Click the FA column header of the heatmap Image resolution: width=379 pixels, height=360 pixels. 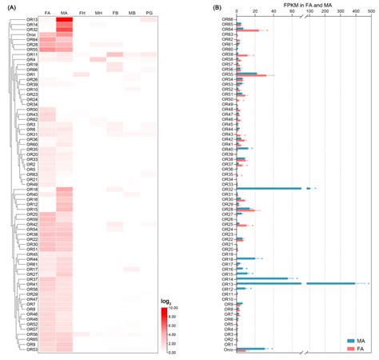point(47,14)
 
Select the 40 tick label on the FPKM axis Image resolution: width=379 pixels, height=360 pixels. point(273,14)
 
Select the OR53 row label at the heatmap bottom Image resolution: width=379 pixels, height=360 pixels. point(32,350)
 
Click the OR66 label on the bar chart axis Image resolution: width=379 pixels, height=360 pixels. point(228,19)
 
